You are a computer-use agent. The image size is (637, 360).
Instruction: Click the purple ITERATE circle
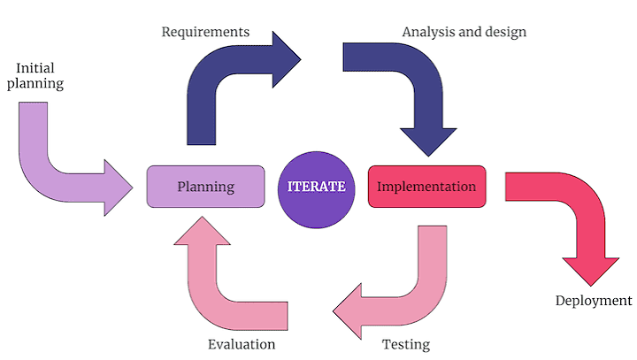coord(317,190)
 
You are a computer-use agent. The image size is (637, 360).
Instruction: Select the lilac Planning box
coord(205,187)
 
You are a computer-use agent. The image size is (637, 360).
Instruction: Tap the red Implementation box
coord(427,187)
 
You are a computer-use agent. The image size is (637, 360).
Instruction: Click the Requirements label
coord(205,32)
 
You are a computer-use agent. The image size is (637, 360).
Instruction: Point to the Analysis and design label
coord(464,32)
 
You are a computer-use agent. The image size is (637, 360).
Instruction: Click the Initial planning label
coord(35,75)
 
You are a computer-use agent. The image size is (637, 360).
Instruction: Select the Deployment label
coord(594,301)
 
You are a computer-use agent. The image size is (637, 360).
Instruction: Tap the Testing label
coord(406,345)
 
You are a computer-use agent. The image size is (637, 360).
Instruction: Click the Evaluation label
coord(242,345)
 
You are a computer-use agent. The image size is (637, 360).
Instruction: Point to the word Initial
coord(35,68)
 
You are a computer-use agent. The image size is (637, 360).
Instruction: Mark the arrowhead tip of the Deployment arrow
coord(591,286)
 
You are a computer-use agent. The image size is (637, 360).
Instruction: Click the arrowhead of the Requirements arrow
coord(287,59)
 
